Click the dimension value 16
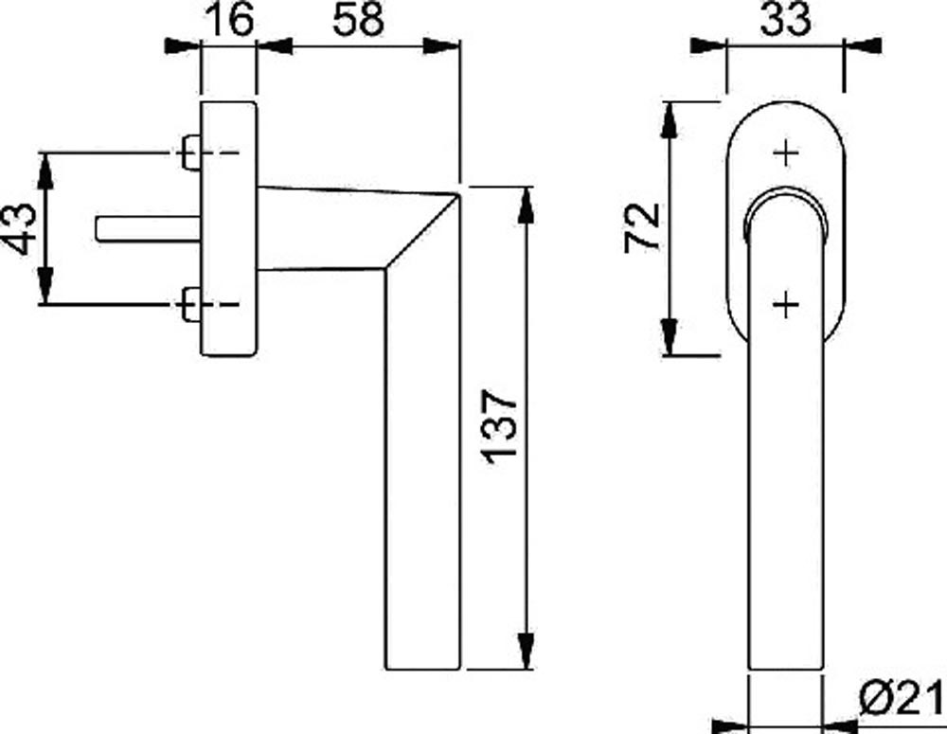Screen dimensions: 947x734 [x=230, y=19]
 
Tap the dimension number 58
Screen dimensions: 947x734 [x=358, y=19]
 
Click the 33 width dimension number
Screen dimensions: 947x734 [x=785, y=19]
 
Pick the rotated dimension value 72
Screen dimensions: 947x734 [x=642, y=227]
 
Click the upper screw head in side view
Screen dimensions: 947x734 [x=189, y=152]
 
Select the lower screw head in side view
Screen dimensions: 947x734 [x=189, y=304]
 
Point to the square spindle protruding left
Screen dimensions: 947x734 [x=149, y=229]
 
